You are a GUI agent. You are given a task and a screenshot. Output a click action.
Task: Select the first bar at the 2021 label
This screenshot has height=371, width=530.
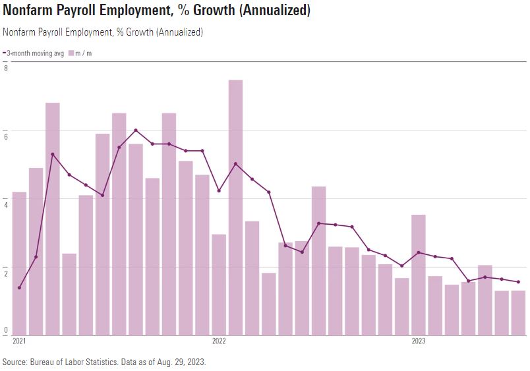pyautogui.click(x=19, y=263)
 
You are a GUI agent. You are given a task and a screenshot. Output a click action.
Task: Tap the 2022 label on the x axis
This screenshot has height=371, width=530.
pyautogui.click(x=219, y=341)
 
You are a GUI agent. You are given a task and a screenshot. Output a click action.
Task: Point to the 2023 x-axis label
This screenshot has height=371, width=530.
pyautogui.click(x=418, y=341)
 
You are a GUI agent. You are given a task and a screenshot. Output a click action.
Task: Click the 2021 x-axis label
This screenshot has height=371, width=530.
pyautogui.click(x=19, y=341)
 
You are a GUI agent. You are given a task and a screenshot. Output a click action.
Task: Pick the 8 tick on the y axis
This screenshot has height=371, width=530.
pyautogui.click(x=6, y=68)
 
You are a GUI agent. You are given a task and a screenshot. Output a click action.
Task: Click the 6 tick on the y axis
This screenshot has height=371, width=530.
pyautogui.click(x=6, y=136)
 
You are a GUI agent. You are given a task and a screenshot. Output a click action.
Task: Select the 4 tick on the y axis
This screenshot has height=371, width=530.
pyautogui.click(x=6, y=204)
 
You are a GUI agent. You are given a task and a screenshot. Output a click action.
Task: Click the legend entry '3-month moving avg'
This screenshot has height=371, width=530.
pyautogui.click(x=35, y=53)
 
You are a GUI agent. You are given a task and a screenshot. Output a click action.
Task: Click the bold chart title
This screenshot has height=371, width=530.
pyautogui.click(x=157, y=11)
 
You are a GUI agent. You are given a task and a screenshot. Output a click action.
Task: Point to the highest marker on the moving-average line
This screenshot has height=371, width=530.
pyautogui.click(x=136, y=130)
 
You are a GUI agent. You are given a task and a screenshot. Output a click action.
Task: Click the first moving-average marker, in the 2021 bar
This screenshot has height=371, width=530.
pyautogui.click(x=19, y=287)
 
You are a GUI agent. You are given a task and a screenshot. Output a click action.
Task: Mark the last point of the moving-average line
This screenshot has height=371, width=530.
pyautogui.click(x=518, y=282)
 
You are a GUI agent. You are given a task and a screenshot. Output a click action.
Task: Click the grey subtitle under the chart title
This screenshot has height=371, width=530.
pyautogui.click(x=103, y=32)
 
